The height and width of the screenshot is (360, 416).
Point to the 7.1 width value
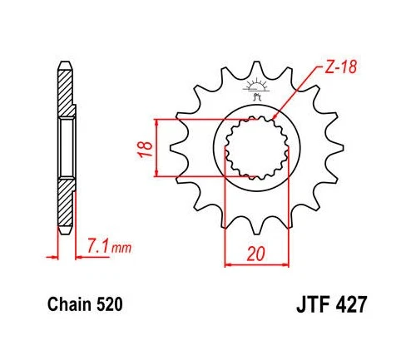(x=95, y=246)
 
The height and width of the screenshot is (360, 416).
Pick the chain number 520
(x=108, y=305)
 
